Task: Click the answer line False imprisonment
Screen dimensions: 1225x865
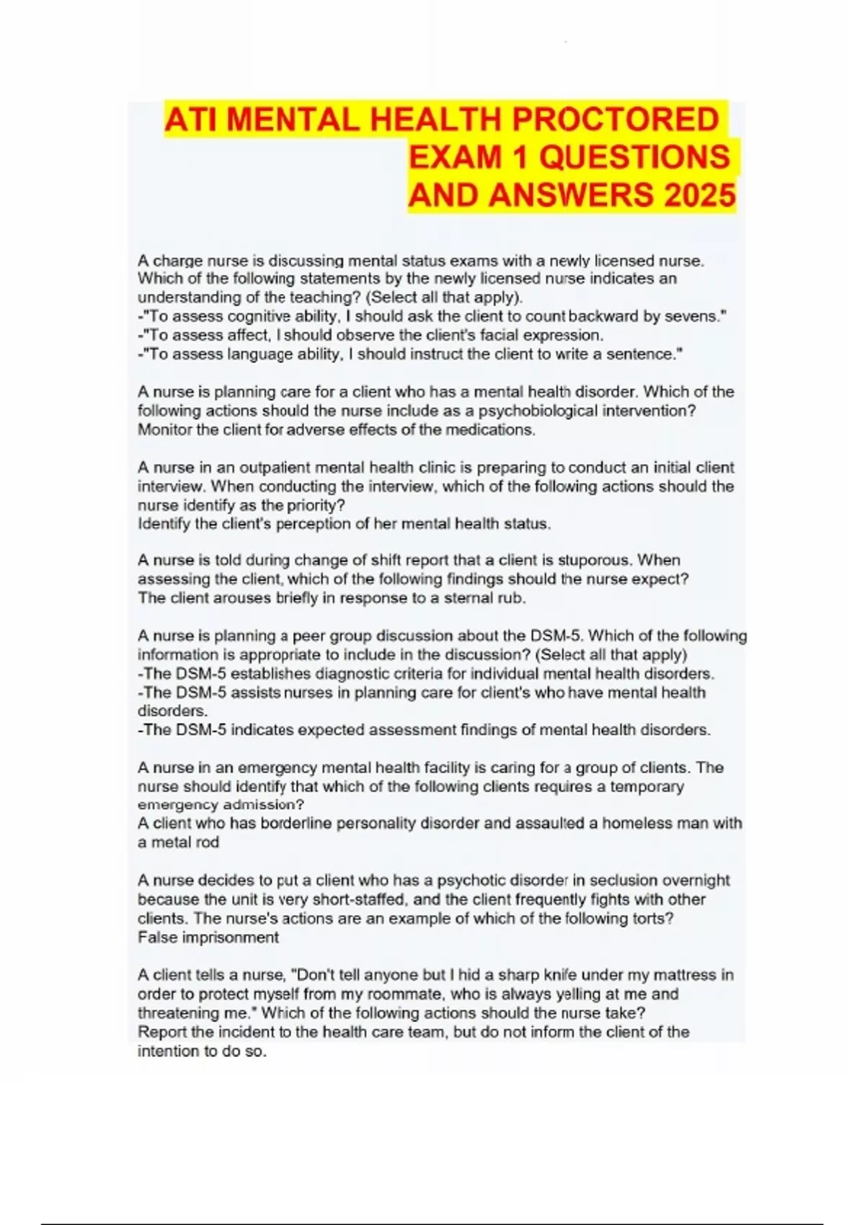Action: [208, 937]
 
